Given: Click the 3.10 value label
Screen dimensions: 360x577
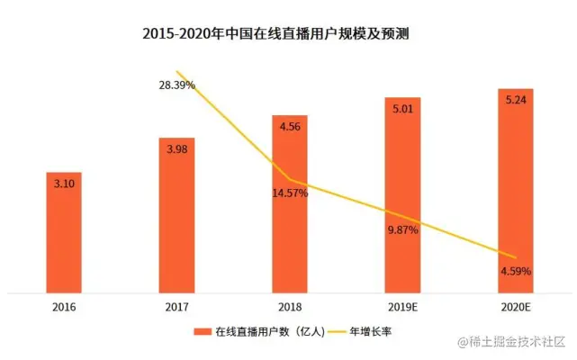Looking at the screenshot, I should click(64, 183).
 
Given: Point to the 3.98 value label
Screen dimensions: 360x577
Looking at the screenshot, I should click(176, 148).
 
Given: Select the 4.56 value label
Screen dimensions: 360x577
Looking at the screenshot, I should click(290, 126).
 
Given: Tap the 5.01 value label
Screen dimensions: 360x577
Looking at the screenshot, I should click(402, 108).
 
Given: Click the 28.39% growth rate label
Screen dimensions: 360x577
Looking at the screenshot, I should click(176, 85).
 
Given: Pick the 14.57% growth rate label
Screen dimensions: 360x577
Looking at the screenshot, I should click(290, 193).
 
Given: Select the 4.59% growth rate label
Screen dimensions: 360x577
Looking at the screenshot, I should click(515, 270).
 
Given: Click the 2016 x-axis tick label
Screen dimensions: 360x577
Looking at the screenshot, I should click(64, 307).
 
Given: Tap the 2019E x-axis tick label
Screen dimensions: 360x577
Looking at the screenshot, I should click(402, 307).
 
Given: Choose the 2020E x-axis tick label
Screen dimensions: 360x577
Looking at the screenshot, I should click(515, 307).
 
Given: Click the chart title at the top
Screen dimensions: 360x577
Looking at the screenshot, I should click(288, 34).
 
